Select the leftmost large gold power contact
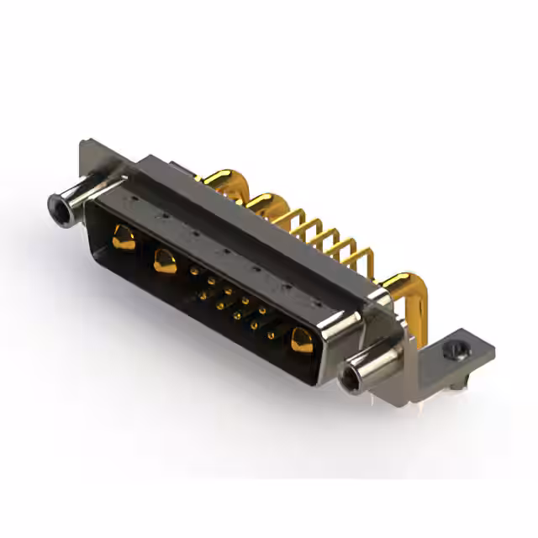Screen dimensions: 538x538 tap(123, 239)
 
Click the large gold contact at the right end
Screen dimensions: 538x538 tap(301, 340)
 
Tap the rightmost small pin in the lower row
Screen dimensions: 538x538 tap(271, 335)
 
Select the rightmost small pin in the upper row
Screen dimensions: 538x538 tap(262, 310)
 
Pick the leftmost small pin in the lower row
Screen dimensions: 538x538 tap(203, 295)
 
